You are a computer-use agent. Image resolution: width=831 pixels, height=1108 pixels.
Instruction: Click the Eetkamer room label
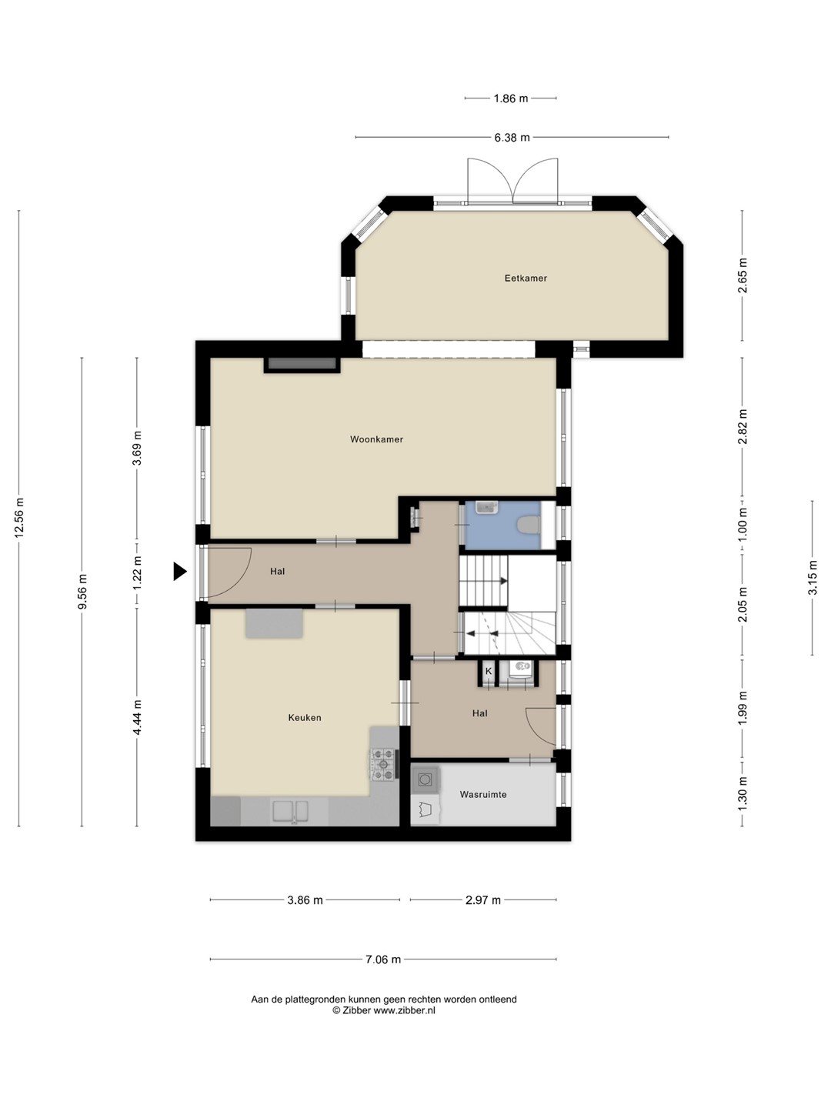526,278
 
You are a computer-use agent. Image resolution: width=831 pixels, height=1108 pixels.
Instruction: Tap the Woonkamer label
376,439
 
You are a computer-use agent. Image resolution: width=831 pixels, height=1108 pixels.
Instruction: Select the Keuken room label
304,717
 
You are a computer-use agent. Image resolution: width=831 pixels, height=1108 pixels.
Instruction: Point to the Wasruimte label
483,794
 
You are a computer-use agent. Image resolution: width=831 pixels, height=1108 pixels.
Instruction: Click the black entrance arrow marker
180,572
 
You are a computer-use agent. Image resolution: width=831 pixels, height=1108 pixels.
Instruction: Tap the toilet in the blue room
529,525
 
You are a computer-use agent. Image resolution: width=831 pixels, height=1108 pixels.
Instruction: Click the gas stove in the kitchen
384,764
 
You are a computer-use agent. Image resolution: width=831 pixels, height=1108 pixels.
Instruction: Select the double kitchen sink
290,812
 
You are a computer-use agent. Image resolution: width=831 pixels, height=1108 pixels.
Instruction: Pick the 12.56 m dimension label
19,517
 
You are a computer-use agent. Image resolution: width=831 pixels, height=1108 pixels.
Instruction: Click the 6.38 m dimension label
512,137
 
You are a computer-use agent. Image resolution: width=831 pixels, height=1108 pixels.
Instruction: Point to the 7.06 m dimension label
383,959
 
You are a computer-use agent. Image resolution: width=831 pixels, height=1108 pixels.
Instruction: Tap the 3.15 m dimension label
813,578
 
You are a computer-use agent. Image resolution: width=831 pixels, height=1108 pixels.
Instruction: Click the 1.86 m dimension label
511,98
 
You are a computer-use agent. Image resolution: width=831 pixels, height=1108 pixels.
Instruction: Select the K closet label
488,672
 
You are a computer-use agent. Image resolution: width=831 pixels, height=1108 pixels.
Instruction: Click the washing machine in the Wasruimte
425,780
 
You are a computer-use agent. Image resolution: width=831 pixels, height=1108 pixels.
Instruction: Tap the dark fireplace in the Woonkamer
302,364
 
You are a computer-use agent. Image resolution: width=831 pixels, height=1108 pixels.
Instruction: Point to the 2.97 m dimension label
483,900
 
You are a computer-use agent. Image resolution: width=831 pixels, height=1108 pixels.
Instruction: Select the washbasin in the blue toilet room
486,507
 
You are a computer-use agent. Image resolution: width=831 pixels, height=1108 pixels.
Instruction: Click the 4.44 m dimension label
137,718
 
